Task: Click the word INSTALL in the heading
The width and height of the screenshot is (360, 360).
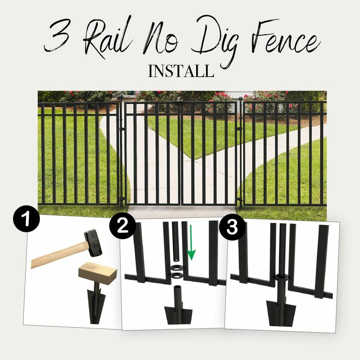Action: coord(181,71)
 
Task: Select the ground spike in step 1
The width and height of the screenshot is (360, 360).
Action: coord(96,302)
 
